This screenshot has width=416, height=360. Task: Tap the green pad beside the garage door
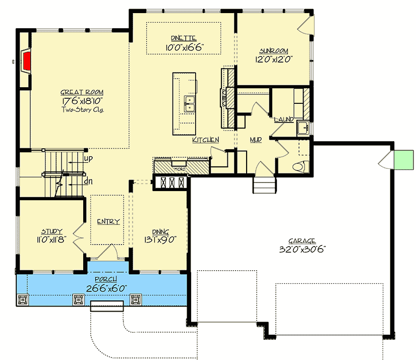(401, 159)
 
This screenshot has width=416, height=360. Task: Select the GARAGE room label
(303, 241)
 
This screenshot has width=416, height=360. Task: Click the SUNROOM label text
(274, 51)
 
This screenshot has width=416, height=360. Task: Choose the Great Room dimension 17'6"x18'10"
(82, 101)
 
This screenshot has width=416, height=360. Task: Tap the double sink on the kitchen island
(190, 104)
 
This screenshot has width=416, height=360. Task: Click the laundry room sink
(303, 128)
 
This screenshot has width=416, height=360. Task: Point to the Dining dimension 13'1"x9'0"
(159, 240)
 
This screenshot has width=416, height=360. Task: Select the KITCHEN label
(205, 140)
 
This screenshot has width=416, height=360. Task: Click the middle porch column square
(79, 300)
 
